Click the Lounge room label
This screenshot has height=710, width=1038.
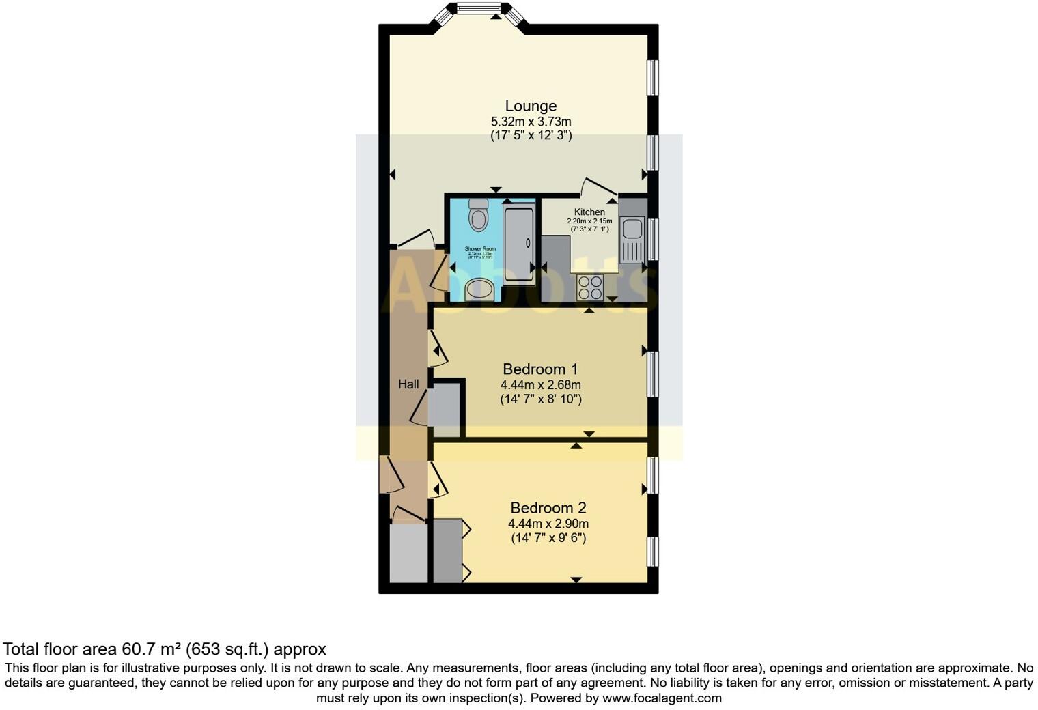point(531,106)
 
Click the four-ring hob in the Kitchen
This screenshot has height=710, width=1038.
point(590,287)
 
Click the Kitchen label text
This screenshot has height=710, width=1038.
point(589,212)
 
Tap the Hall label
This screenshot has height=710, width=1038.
point(408,384)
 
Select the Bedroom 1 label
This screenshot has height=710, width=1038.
point(540,369)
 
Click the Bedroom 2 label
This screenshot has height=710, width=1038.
point(548,508)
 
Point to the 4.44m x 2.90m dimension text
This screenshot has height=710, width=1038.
point(548,524)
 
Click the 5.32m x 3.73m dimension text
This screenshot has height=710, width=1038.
point(531,122)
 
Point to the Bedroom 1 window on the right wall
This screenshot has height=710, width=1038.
point(653,373)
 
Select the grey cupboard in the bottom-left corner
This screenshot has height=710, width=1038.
point(408,554)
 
